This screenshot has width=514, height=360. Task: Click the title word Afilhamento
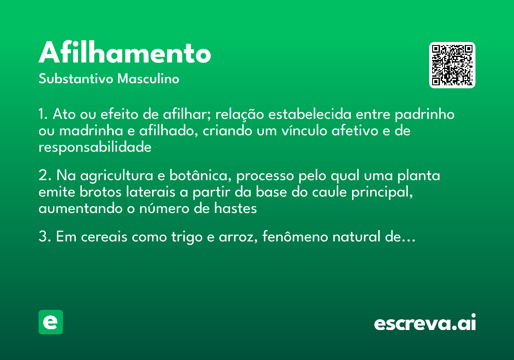[x=125, y=53]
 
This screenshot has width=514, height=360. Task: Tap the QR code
[x=452, y=65]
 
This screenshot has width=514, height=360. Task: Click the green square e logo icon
[x=51, y=322]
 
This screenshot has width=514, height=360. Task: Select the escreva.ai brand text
[x=425, y=323]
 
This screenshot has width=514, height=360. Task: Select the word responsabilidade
[x=95, y=147]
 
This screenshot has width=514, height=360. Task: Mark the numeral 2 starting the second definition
[x=42, y=176]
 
